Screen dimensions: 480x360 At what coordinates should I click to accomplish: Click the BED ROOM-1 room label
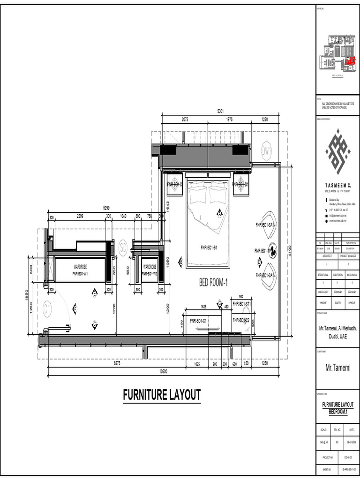click(213, 283)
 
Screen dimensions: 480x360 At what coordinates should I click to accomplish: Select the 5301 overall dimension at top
click(220, 111)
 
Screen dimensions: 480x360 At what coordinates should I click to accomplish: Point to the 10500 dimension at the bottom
click(163, 372)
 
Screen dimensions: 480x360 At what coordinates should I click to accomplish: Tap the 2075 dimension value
click(185, 120)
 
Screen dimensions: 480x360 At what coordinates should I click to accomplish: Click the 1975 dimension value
click(229, 120)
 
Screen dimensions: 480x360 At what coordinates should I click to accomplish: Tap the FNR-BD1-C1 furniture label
click(198, 321)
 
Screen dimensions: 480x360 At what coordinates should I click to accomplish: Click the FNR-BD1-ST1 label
click(242, 304)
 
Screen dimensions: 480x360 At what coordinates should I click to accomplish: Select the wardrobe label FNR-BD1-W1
click(81, 273)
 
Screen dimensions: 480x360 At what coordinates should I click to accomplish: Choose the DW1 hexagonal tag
click(266, 151)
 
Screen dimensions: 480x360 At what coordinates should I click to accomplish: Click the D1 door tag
click(47, 308)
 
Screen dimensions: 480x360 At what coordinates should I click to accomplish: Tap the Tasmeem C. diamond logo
click(338, 151)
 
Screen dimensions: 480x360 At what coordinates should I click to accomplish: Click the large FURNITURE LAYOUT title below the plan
click(162, 395)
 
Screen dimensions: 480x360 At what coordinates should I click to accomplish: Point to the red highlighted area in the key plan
click(349, 60)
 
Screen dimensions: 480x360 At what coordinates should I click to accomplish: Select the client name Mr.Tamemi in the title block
click(338, 368)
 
